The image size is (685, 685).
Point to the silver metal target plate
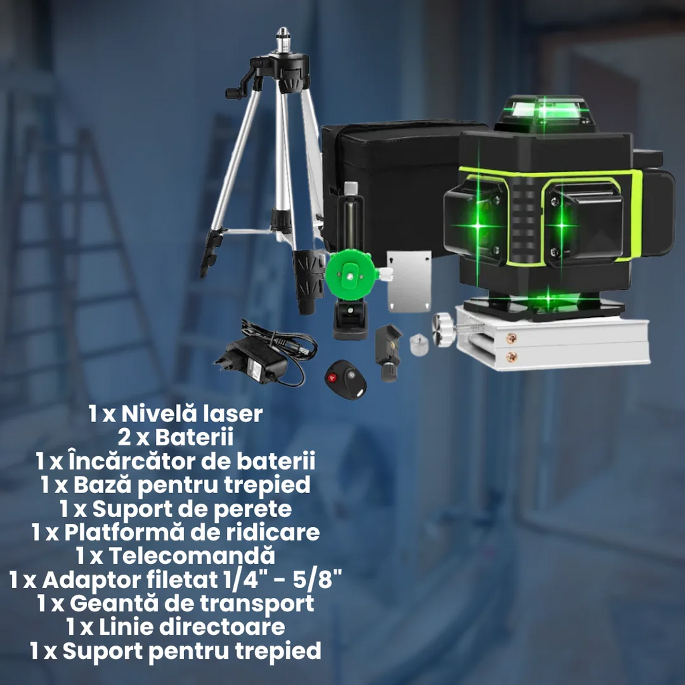409,280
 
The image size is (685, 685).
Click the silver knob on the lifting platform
444,328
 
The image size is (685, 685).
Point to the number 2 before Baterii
123,438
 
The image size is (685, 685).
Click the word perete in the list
258,509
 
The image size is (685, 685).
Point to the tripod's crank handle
234,92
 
